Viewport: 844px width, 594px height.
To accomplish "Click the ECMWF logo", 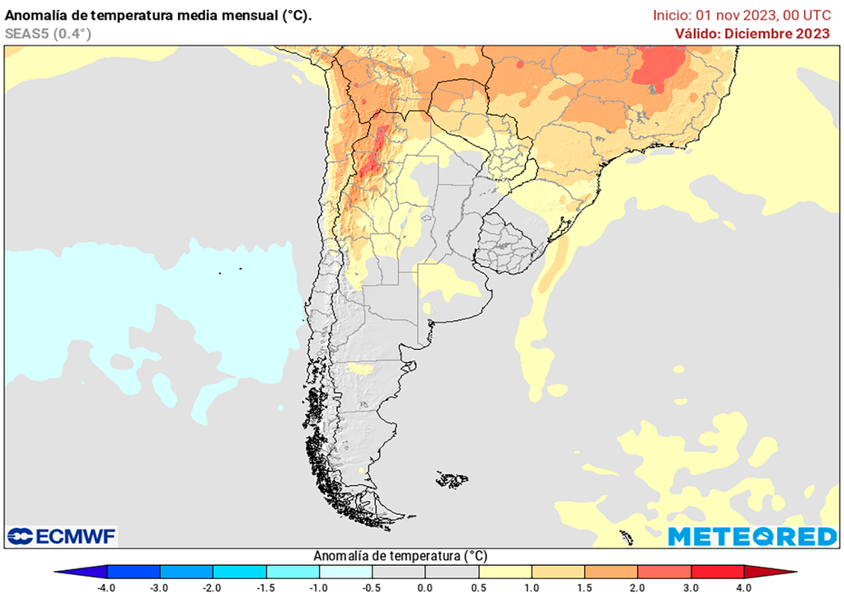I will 62,536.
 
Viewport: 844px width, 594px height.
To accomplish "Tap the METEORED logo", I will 752,536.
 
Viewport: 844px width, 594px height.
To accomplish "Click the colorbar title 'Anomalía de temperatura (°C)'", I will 401,556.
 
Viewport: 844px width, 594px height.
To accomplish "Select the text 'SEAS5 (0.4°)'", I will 48,33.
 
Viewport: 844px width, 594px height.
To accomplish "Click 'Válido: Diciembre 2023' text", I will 752,33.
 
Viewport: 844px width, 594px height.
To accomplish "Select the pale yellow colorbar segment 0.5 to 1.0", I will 505,572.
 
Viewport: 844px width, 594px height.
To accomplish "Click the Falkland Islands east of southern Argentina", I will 452,478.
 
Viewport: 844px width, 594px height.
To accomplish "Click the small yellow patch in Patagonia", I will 360,368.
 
